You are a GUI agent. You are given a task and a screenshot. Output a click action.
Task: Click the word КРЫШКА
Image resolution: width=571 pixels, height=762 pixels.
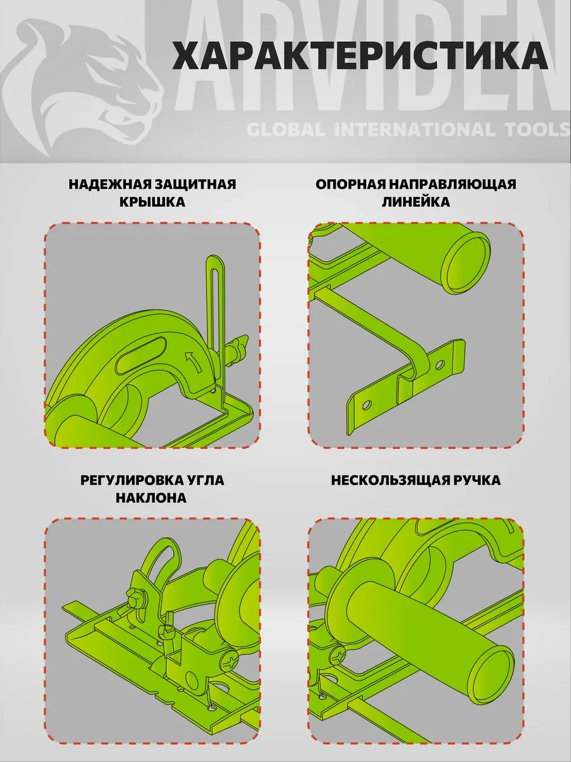(x=152, y=202)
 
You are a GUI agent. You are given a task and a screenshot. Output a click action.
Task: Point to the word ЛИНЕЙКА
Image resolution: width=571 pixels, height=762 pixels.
(x=416, y=202)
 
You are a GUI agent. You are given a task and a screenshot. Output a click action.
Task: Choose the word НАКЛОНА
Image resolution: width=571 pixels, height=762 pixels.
(x=151, y=497)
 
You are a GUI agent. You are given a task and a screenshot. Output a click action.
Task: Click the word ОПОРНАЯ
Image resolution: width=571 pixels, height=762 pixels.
(x=350, y=184)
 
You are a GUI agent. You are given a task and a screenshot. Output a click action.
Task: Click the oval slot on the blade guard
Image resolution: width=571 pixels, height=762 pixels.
(x=141, y=352)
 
